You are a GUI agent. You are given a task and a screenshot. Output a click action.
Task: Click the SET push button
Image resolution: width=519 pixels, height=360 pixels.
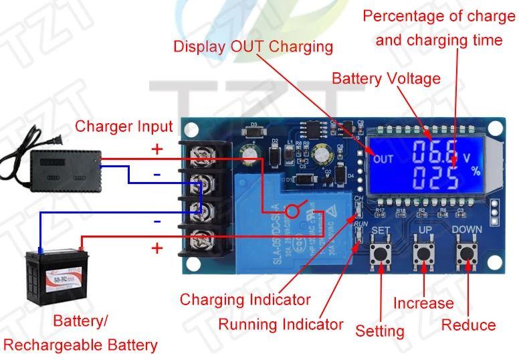point(381,254)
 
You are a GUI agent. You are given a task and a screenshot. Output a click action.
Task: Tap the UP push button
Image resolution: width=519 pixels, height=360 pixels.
point(423,254)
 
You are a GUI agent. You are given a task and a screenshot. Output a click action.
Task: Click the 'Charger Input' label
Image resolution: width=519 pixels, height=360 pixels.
point(124,126)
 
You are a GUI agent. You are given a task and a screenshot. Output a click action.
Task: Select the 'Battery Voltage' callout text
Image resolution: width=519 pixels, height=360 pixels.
point(386,78)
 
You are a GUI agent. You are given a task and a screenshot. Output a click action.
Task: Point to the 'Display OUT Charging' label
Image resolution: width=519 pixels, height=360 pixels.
point(253,46)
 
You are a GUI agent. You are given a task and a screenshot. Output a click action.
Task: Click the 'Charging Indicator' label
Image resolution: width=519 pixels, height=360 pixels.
point(245,299)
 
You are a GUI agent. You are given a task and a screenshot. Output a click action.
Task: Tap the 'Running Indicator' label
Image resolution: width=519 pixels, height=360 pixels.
point(280,325)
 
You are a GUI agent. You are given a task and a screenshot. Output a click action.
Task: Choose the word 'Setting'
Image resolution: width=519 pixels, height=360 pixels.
point(380,331)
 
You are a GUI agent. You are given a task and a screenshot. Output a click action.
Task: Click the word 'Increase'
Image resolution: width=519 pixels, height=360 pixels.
point(423,303)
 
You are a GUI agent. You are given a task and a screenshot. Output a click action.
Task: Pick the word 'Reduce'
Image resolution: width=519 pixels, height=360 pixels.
point(468,325)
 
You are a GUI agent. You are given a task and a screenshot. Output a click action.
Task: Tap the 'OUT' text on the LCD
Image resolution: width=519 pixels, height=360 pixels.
point(383,159)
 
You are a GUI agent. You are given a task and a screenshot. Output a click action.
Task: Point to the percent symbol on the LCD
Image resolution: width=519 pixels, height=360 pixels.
point(476,171)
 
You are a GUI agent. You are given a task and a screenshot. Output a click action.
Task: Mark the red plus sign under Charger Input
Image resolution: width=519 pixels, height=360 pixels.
point(157,149)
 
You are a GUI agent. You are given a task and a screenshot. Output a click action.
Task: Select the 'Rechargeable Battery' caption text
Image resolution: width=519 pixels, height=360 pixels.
point(81,345)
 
